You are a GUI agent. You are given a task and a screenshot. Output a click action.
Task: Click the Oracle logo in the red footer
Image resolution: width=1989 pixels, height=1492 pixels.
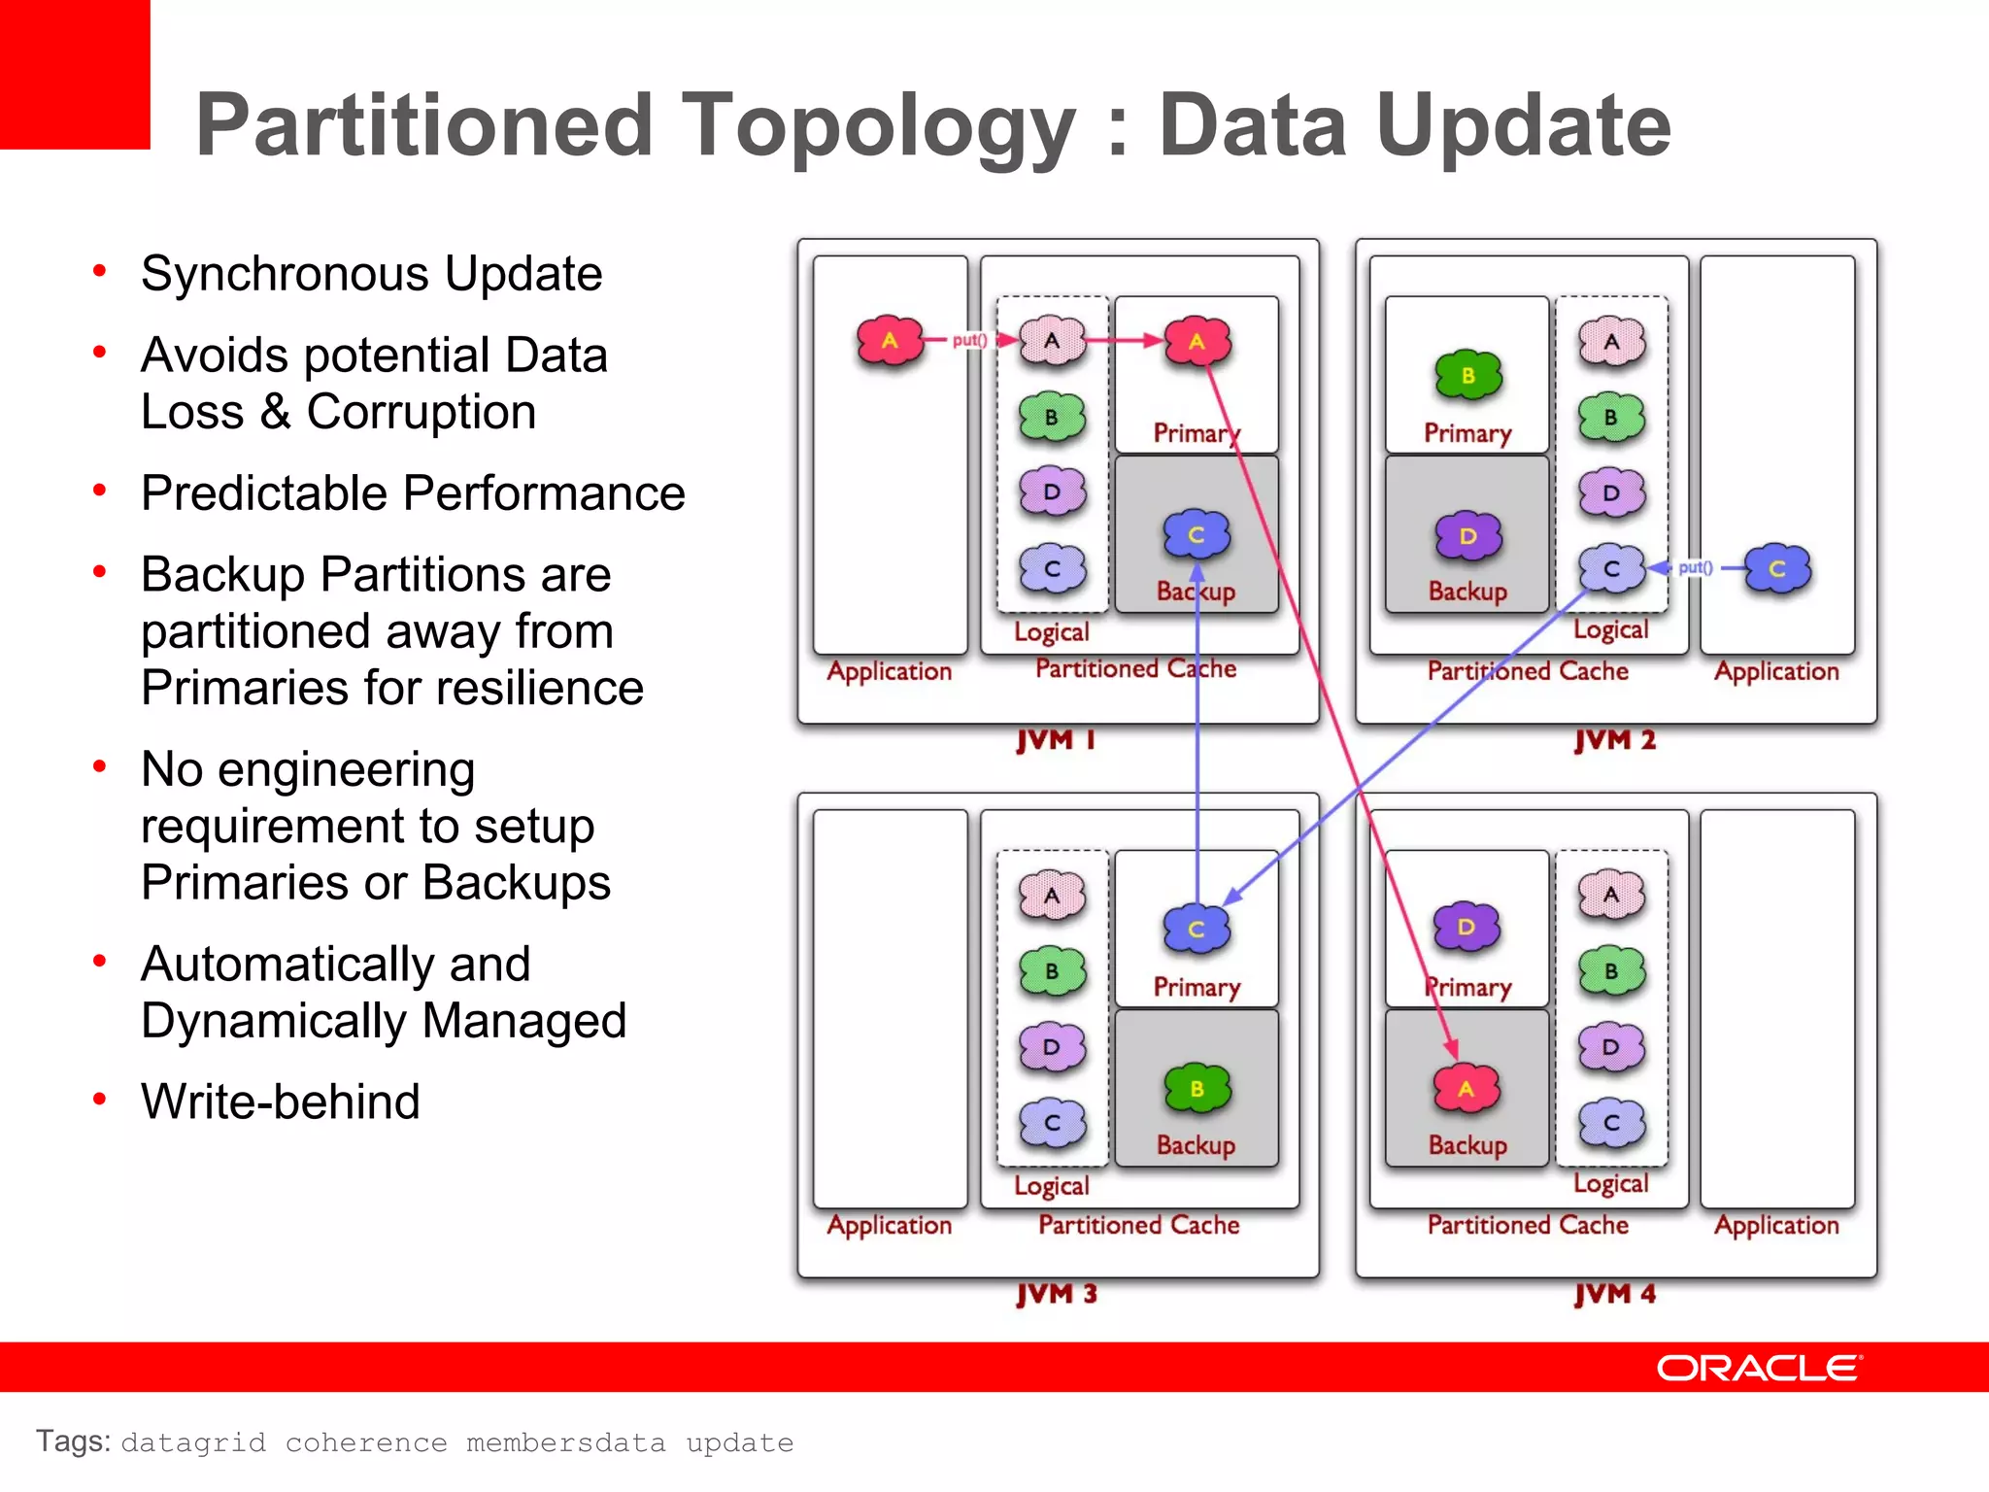(1759, 1368)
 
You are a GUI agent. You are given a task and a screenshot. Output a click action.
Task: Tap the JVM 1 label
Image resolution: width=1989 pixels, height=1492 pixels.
(1056, 740)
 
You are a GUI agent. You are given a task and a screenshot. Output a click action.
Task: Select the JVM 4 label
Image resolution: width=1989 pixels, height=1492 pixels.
(1614, 1294)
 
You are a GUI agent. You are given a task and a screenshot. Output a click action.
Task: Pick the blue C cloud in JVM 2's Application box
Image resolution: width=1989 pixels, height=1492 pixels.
(1777, 569)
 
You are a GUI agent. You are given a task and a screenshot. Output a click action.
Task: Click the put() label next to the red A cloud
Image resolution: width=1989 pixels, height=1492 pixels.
(969, 340)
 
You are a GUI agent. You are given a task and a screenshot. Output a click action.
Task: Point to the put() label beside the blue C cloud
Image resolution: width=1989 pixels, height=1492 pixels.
(1695, 567)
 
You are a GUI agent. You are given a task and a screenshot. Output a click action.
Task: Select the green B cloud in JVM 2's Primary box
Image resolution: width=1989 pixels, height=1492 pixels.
(1468, 375)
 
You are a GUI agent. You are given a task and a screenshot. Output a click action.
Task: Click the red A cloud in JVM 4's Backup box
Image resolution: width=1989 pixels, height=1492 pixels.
(1466, 1089)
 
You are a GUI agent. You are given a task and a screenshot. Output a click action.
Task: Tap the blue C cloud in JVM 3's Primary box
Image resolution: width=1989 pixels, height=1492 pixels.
(1197, 929)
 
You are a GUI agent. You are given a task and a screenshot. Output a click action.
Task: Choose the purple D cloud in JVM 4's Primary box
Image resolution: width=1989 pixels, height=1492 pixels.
(1466, 928)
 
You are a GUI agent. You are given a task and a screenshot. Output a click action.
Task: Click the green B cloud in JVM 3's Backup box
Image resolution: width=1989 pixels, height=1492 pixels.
(1197, 1089)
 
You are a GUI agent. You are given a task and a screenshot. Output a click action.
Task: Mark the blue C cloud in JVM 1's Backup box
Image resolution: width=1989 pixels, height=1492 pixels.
(1197, 535)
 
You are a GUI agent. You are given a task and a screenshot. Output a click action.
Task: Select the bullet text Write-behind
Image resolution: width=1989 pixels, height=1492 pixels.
(281, 1102)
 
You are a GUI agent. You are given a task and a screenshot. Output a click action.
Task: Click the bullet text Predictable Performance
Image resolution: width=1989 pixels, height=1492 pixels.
(413, 492)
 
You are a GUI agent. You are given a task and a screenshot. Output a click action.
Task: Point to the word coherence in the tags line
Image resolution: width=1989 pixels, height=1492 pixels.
(366, 1442)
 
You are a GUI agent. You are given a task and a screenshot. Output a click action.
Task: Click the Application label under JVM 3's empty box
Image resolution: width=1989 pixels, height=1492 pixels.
(889, 1225)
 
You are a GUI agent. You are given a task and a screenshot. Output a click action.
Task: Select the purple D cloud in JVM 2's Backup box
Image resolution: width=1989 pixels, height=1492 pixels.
(1468, 536)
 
